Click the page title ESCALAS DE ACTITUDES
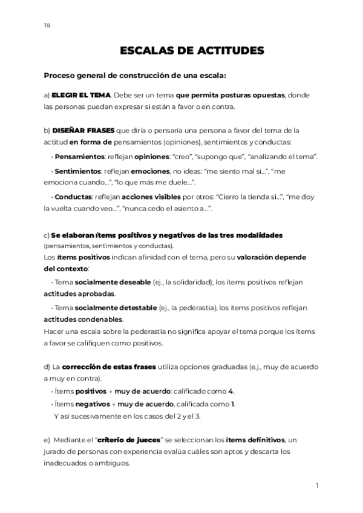click(x=192, y=51)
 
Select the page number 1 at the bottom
click(x=317, y=485)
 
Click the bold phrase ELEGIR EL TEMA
click(x=81, y=96)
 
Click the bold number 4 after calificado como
click(x=231, y=391)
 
